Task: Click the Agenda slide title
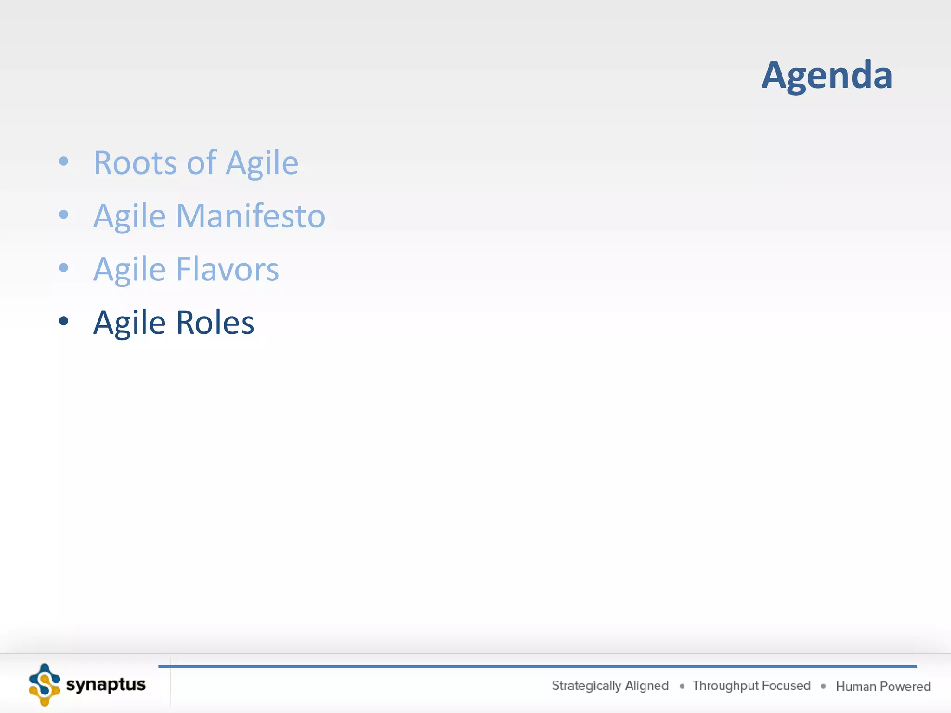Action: point(827,75)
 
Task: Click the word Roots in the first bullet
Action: point(135,163)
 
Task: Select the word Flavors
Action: point(228,269)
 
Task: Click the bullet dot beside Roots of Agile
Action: point(64,162)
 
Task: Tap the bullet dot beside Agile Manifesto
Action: point(64,214)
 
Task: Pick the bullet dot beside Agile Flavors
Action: point(64,268)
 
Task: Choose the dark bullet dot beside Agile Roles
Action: point(64,321)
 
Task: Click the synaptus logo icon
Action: point(45,685)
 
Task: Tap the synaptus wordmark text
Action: point(106,685)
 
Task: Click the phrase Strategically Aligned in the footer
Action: point(610,686)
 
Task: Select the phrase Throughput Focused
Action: point(751,686)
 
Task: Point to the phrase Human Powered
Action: point(883,686)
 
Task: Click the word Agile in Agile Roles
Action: point(130,324)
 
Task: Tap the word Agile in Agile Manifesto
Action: point(130,217)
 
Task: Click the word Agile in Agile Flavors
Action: point(130,270)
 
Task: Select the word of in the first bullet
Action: point(202,163)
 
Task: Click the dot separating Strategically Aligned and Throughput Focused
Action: point(682,686)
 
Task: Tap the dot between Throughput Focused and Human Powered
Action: point(823,686)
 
